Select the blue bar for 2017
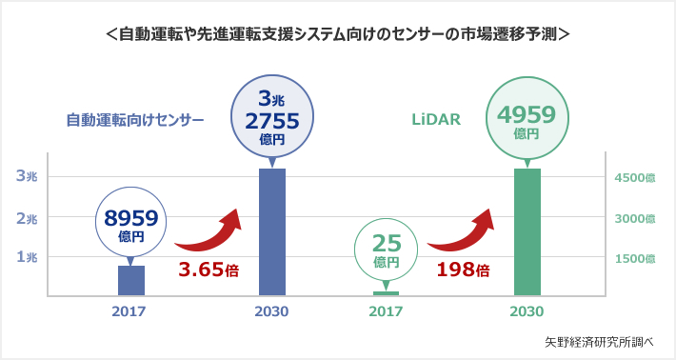(131, 280)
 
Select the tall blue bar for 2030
(272, 231)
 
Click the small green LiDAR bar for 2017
(386, 293)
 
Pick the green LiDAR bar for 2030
(527, 231)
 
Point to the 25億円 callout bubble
(386, 250)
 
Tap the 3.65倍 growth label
(208, 270)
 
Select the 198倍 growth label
(463, 270)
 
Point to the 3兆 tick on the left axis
(27, 176)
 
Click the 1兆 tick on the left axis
(27, 257)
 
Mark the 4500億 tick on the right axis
(635, 178)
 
